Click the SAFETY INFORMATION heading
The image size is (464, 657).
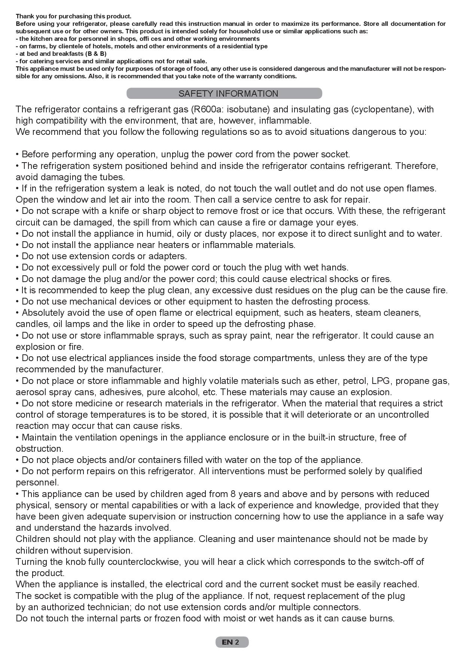(228, 94)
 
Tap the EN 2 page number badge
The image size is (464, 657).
(232, 642)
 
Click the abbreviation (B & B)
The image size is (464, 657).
(96, 54)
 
